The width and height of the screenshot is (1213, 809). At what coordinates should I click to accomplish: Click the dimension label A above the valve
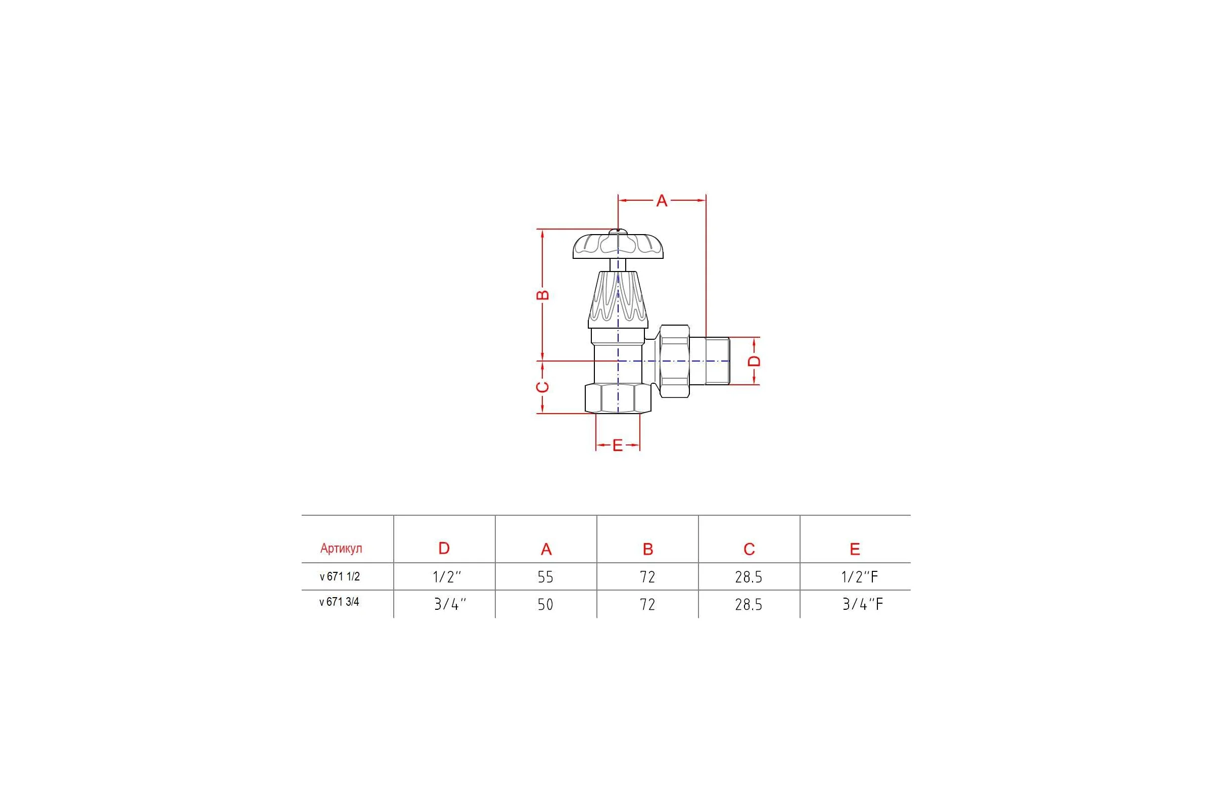662,201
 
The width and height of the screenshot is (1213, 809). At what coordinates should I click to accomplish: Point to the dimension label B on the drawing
542,295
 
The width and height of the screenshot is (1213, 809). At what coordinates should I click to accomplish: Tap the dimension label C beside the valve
542,387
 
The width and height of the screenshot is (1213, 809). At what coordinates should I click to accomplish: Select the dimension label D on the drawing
754,361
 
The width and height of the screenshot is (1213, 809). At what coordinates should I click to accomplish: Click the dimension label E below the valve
618,445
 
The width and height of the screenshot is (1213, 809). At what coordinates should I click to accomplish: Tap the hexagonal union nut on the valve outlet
675,361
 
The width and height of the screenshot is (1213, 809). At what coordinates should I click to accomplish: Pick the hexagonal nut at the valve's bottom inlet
618,398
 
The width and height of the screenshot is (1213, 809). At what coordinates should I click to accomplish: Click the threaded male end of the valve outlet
710,361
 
